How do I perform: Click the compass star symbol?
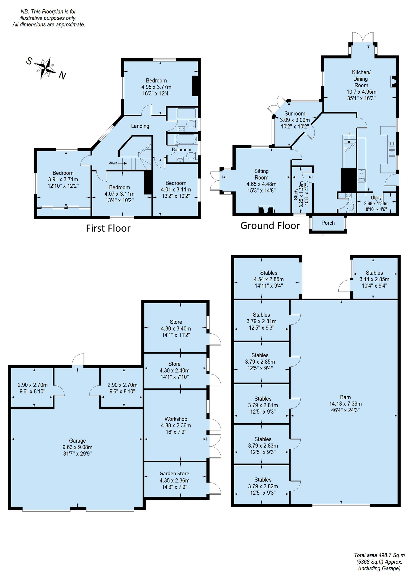click(x=45, y=68)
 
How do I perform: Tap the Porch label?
click(x=328, y=223)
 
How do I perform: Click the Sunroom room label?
click(x=295, y=114)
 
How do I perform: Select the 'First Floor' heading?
click(x=108, y=228)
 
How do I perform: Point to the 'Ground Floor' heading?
click(x=270, y=226)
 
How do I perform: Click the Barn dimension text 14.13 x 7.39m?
click(x=346, y=404)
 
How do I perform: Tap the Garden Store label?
click(x=174, y=473)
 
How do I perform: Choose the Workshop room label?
click(x=176, y=419)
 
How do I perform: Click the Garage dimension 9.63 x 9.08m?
click(x=77, y=447)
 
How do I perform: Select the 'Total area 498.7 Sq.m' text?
click(x=379, y=555)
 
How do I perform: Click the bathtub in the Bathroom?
click(x=182, y=140)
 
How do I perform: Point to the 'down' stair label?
click(x=113, y=163)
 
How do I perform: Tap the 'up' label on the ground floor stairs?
click(x=350, y=133)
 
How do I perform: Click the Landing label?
click(x=140, y=126)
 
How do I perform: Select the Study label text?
click(x=296, y=194)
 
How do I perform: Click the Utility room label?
click(x=376, y=197)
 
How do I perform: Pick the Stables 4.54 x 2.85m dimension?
click(x=269, y=279)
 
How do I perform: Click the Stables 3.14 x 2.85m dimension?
click(x=374, y=279)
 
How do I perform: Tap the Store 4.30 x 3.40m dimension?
click(x=176, y=328)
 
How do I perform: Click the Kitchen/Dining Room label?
click(x=361, y=79)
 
